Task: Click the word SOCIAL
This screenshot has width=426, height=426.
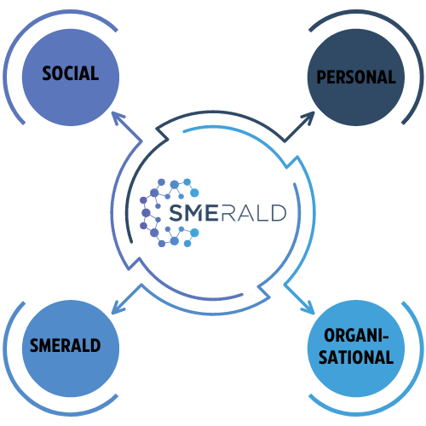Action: coord(71,73)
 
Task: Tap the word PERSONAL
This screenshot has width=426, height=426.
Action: coord(356,77)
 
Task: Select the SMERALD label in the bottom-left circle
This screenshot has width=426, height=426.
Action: coord(66,345)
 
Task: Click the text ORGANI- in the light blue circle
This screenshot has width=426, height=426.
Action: coord(356,336)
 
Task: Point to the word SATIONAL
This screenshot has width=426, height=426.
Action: coord(356,357)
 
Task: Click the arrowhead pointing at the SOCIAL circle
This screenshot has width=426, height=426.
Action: coord(118,118)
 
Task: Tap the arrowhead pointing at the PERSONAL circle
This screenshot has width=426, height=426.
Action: coord(308,118)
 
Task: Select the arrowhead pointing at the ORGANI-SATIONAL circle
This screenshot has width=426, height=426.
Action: coord(308,308)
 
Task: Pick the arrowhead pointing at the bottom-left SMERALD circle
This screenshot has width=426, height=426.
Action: coord(118,308)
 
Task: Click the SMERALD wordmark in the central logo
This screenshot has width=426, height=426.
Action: coord(227,212)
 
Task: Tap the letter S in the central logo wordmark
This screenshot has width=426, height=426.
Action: coord(176,213)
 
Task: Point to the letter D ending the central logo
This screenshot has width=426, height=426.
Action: coord(279,213)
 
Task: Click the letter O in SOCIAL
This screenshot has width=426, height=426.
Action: coord(57,73)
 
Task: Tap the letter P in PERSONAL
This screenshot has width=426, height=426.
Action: coord(321,77)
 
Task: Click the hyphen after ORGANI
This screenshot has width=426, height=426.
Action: coord(385,337)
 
